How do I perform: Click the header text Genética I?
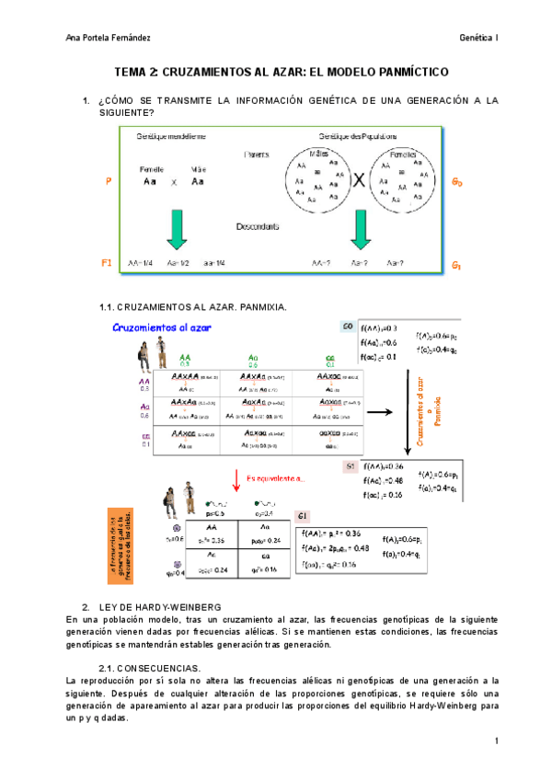point(479,37)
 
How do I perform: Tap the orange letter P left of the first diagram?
point(109,182)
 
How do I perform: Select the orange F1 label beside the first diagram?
point(107,263)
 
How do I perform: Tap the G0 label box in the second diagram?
point(347,327)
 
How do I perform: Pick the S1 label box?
point(349,465)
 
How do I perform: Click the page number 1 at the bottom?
point(496,741)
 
